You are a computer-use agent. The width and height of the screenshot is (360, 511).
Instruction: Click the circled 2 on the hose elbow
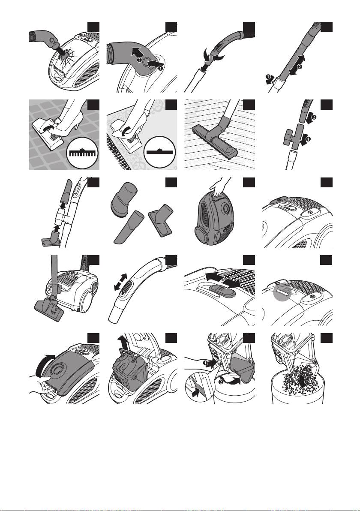click(x=139, y=60)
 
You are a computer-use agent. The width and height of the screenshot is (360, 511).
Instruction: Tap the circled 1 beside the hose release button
click(x=160, y=68)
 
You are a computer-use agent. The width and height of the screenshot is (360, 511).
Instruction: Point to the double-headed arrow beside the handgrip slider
click(x=120, y=282)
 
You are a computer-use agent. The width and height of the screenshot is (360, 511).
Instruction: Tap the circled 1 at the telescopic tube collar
click(x=268, y=77)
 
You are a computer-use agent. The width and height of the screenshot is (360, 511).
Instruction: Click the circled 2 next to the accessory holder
click(x=314, y=117)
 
